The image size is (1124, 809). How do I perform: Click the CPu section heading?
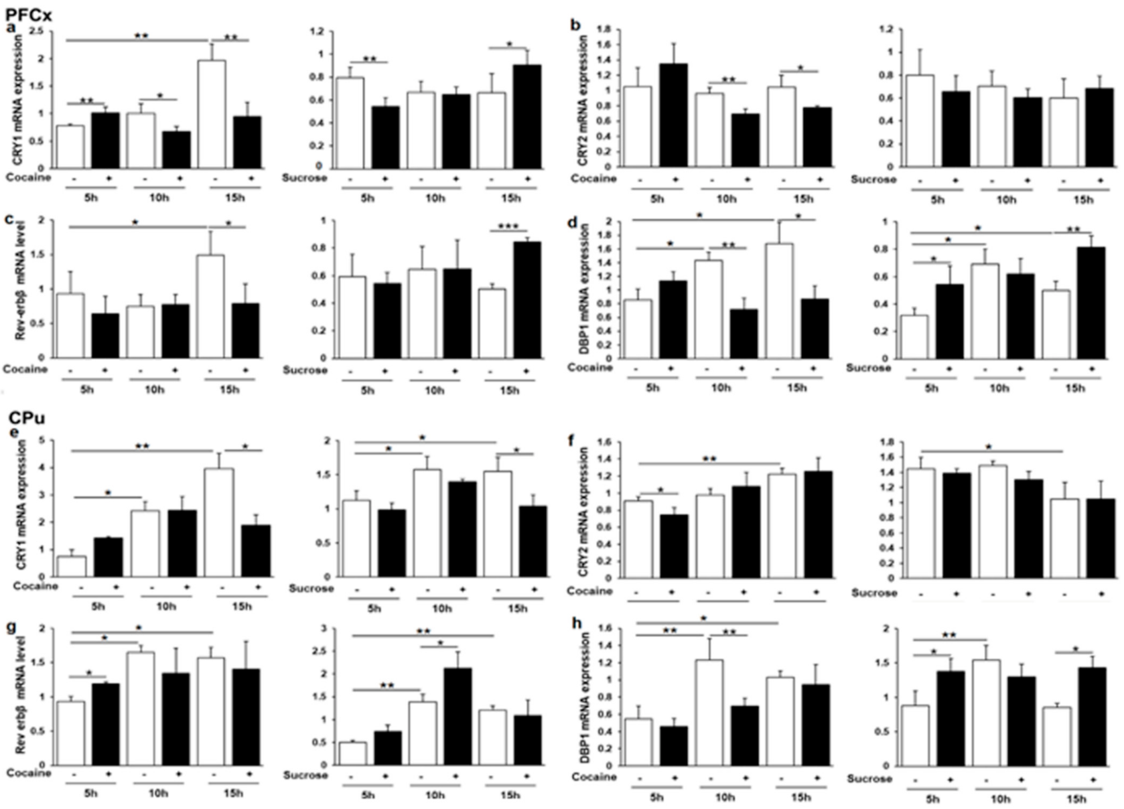[x=27, y=418]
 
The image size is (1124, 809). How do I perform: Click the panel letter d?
[x=573, y=222]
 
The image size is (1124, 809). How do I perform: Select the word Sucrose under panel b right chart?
[x=873, y=179]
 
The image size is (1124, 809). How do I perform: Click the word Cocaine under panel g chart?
[x=28, y=773]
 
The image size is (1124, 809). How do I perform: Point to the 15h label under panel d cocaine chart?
[x=797, y=388]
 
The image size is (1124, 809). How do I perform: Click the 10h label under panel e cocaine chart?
[x=166, y=607]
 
